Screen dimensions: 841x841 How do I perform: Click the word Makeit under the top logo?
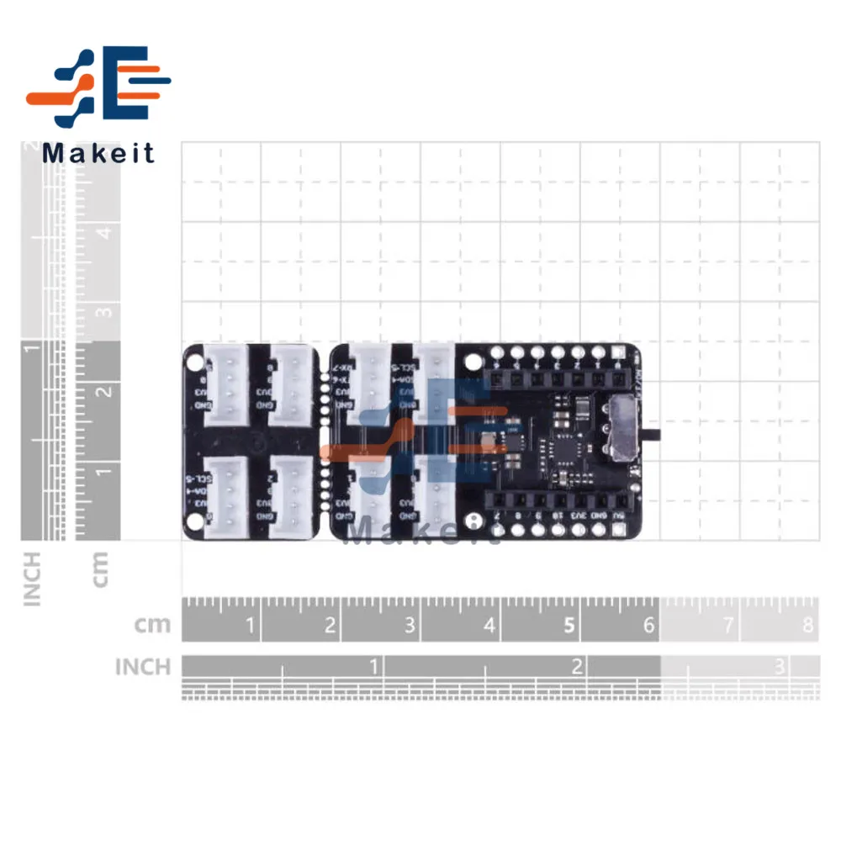[98, 153]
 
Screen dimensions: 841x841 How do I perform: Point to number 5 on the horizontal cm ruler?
[569, 625]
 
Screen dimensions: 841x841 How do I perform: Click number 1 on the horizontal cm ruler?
[249, 625]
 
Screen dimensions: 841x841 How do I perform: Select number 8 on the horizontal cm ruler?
[808, 625]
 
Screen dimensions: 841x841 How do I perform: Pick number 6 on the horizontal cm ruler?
[648, 625]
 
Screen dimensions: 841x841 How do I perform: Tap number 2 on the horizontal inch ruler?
[577, 667]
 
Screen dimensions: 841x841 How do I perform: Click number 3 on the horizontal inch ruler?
[780, 667]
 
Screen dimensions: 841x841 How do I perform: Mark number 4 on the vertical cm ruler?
[104, 232]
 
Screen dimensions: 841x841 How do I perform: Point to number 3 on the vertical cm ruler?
[104, 312]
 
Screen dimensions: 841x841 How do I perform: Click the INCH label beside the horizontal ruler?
[143, 667]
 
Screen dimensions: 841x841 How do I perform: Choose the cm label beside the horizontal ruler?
[152, 625]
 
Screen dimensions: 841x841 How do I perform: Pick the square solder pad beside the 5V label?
[619, 530]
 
